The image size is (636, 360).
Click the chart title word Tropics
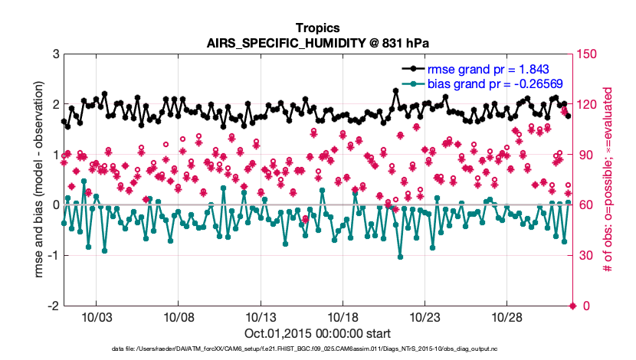coord(317,28)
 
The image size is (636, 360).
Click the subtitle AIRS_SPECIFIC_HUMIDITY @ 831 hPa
coord(317,43)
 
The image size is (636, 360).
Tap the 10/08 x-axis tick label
coord(178,316)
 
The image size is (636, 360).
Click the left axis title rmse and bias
coord(37,180)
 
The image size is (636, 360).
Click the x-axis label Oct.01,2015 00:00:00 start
coord(317,333)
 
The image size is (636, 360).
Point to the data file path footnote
coord(317,349)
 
